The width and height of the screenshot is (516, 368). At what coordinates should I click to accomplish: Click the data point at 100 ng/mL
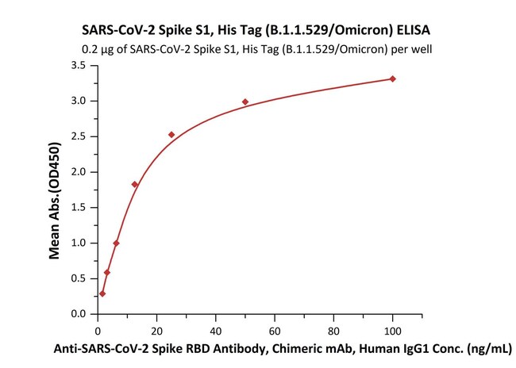click(x=392, y=79)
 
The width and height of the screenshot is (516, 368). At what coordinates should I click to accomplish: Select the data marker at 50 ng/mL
click(x=245, y=102)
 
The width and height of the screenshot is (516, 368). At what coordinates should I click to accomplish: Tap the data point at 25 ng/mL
click(x=171, y=135)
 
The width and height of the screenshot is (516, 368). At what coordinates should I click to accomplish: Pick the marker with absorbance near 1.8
click(x=135, y=184)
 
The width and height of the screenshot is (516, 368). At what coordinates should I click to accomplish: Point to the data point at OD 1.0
click(x=117, y=243)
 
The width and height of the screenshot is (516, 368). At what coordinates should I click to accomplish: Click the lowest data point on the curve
click(x=102, y=293)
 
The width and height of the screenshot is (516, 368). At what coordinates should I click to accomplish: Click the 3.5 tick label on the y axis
click(x=78, y=65)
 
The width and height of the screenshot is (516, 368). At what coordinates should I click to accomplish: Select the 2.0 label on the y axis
click(x=78, y=172)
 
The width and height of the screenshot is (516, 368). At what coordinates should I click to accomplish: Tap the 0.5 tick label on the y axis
click(x=78, y=278)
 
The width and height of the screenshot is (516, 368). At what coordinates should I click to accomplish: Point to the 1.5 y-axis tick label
click(x=78, y=208)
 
